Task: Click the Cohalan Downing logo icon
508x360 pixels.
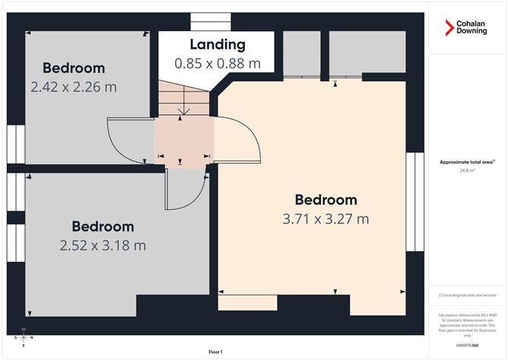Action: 449,27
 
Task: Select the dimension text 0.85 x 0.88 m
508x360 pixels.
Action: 217,63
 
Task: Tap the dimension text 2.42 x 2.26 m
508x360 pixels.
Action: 74,87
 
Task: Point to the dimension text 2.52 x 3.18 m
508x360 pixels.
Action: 103,245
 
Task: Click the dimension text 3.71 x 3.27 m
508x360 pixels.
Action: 325,219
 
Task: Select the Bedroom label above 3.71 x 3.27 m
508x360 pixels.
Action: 325,200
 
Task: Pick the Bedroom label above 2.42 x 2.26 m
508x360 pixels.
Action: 74,68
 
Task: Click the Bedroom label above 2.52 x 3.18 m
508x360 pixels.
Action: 103,226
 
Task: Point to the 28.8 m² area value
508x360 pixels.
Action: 467,171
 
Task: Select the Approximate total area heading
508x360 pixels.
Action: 467,161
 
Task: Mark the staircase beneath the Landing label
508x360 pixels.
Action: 183,99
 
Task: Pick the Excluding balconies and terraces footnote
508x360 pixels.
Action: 467,295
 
